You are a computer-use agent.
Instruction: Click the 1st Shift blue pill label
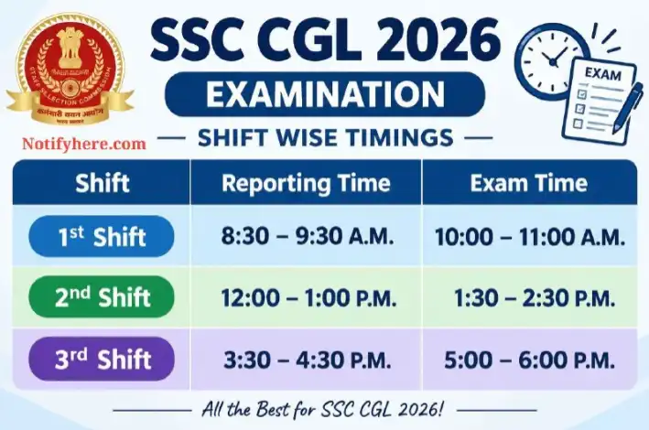[x=102, y=236]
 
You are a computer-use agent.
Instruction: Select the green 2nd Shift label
[x=102, y=297]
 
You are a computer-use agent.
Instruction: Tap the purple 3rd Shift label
[x=102, y=359]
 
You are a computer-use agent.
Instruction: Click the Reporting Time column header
[x=306, y=183]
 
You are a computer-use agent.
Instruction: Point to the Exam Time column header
[x=529, y=183]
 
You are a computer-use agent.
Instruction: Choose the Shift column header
[x=103, y=183]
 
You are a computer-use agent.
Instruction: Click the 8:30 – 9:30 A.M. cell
[x=307, y=236]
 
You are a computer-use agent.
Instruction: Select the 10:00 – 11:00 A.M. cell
[x=530, y=238]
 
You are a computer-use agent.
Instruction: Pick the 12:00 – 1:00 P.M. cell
[x=308, y=298]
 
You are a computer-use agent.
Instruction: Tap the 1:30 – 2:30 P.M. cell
[x=535, y=298]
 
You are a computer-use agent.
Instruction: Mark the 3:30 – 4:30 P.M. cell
[x=308, y=360]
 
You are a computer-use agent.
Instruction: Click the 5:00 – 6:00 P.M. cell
[x=529, y=360]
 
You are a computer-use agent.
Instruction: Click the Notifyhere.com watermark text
[x=84, y=144]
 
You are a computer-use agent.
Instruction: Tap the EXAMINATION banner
[x=325, y=94]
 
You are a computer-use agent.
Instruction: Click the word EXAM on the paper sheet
[x=602, y=74]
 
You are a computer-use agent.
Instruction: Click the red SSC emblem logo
[x=70, y=70]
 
